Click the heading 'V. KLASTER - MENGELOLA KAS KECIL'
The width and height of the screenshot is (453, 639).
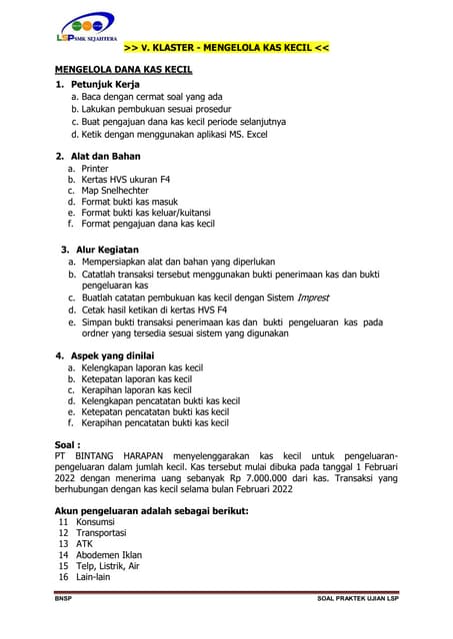point(225,48)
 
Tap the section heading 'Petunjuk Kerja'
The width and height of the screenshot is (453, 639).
point(103,85)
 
